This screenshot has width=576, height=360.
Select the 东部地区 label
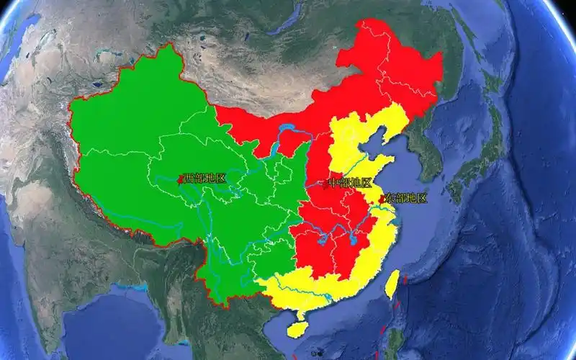[406, 198]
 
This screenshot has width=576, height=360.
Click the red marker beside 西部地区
[180, 179]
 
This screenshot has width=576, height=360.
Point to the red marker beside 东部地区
[381, 197]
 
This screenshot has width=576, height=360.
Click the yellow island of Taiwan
[392, 284]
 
